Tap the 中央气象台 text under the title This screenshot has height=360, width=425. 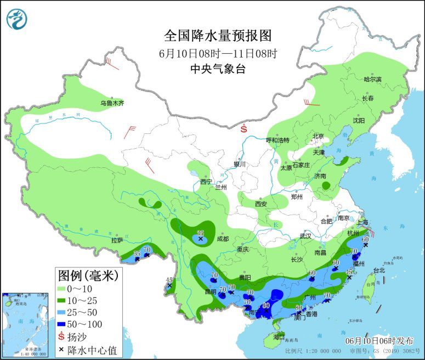(x=218, y=69)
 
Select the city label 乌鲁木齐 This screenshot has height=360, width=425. (x=112, y=103)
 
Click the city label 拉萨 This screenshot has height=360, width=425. (x=117, y=240)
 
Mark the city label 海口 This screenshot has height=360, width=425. (x=279, y=336)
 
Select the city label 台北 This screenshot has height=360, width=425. (x=379, y=270)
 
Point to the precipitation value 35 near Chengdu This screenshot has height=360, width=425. (x=201, y=233)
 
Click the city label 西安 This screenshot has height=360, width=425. (x=260, y=204)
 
